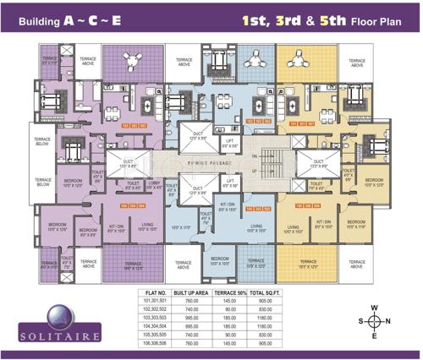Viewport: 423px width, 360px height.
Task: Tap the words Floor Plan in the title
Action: click(367, 18)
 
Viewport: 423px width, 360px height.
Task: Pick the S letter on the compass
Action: click(358, 321)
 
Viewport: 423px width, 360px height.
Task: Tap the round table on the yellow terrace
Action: click(299, 61)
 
